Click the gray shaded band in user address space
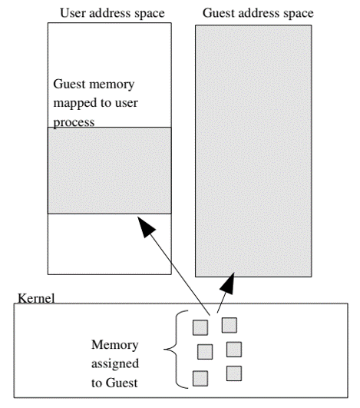tap(110, 170)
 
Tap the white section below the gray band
tap(110, 243)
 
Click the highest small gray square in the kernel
tap(228, 324)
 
